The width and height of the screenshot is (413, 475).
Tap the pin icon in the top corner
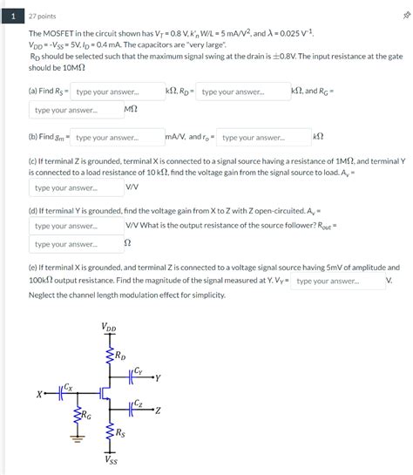click(x=403, y=15)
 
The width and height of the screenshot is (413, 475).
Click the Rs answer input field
click(x=117, y=92)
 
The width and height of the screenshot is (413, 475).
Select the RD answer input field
click(x=243, y=92)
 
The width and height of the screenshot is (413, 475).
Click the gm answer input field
click(x=117, y=138)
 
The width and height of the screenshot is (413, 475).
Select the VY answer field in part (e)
click(x=337, y=282)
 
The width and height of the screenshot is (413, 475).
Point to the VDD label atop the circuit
click(x=109, y=328)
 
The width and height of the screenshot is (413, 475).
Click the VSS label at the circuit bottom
click(x=111, y=460)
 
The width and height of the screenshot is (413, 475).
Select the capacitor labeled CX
click(x=63, y=394)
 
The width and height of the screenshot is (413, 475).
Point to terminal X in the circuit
click(x=39, y=395)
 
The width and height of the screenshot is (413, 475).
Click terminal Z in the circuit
click(x=158, y=410)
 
